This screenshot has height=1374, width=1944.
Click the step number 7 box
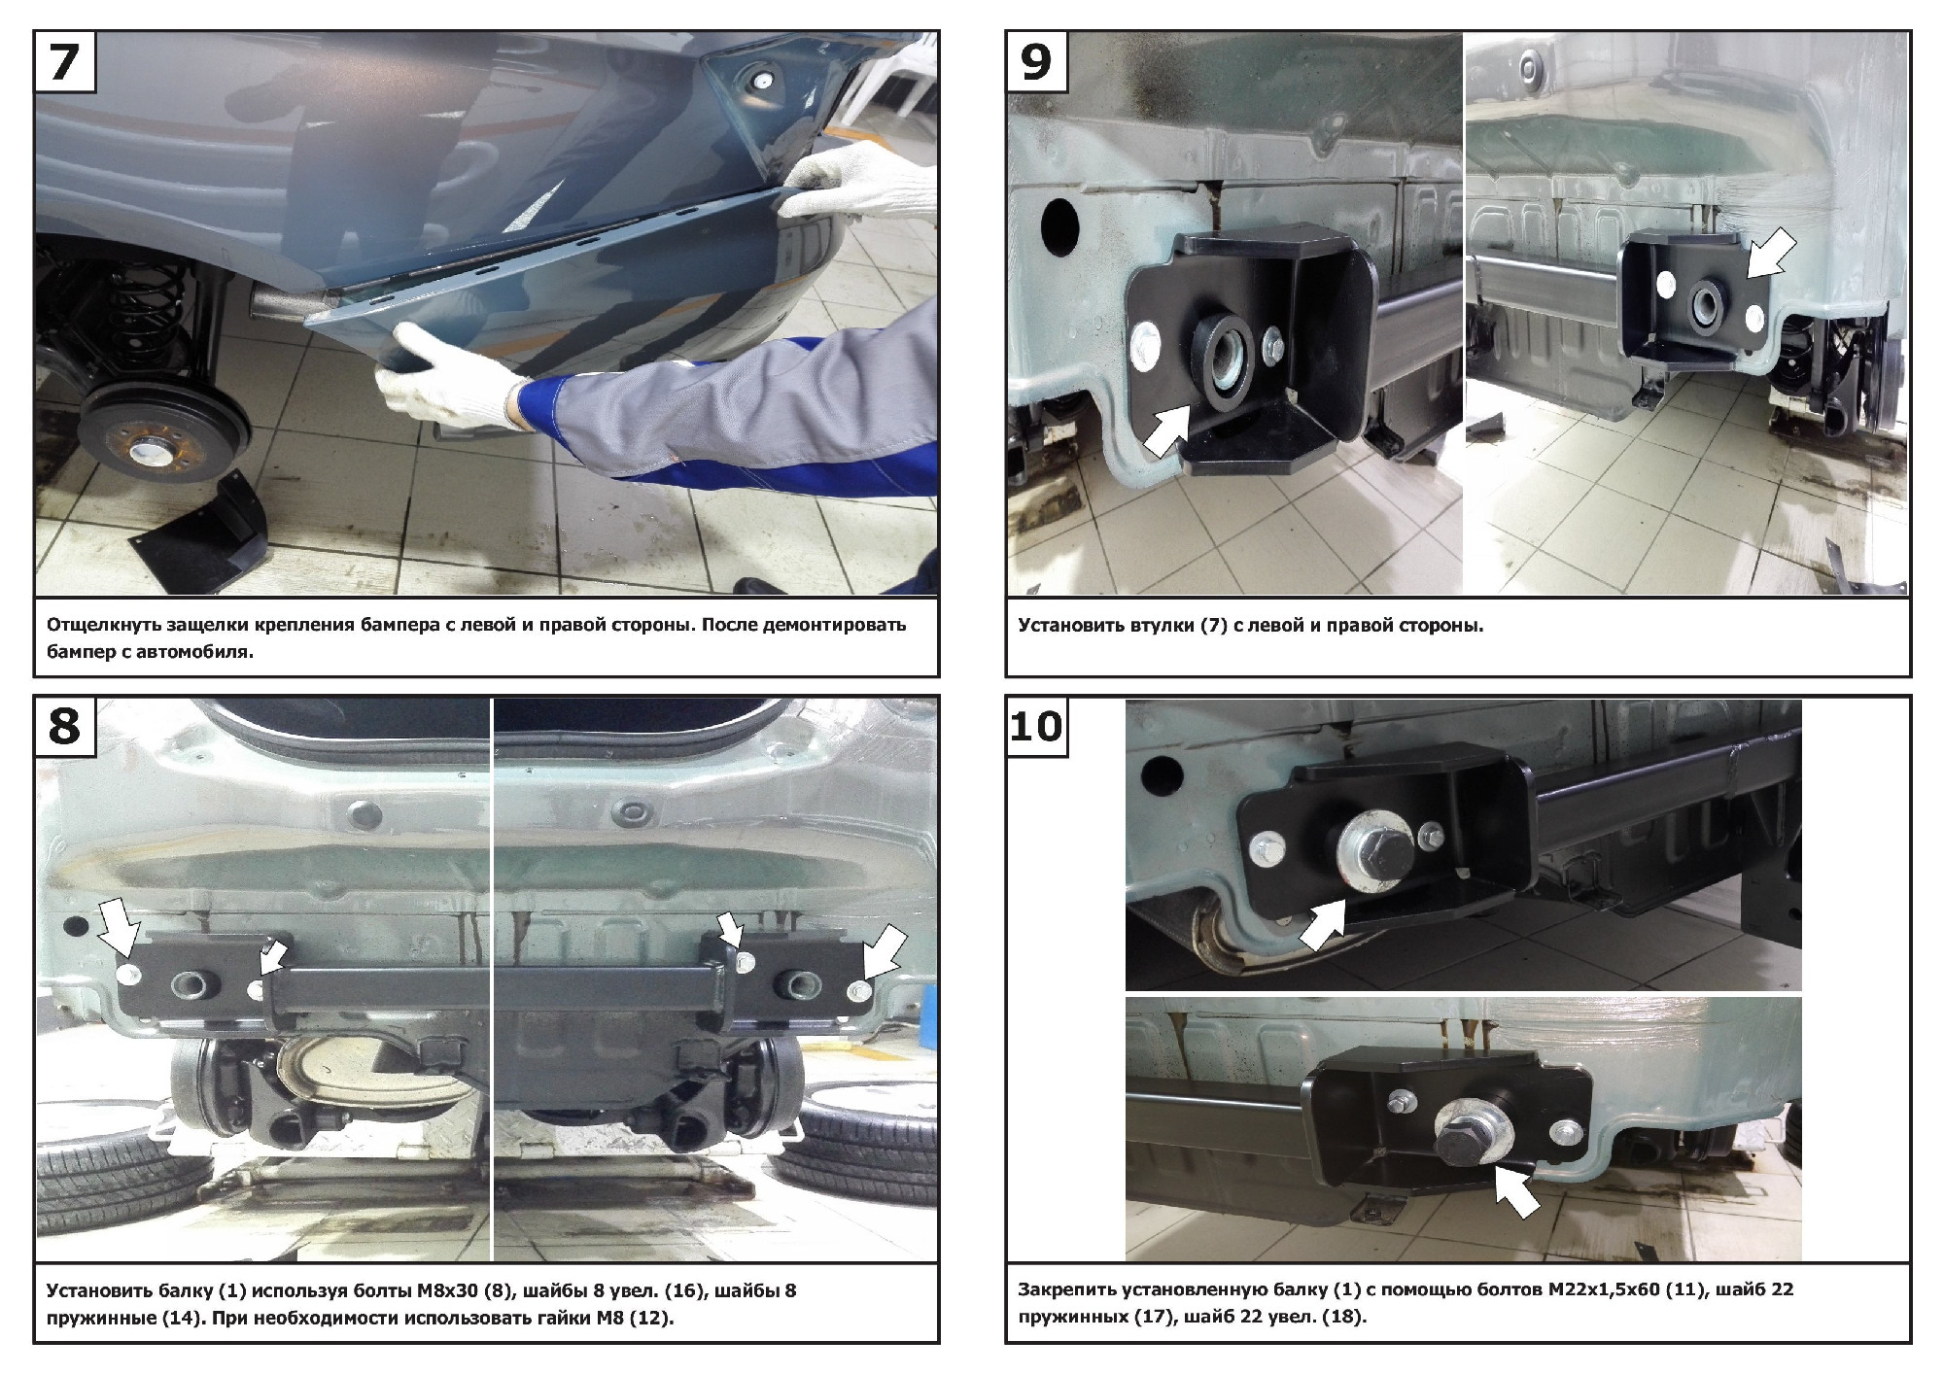64,61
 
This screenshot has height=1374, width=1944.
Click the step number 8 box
64,726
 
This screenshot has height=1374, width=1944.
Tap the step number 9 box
1036,61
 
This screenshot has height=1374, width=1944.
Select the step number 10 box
1036,726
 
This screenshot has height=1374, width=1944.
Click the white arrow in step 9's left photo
1166,429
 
